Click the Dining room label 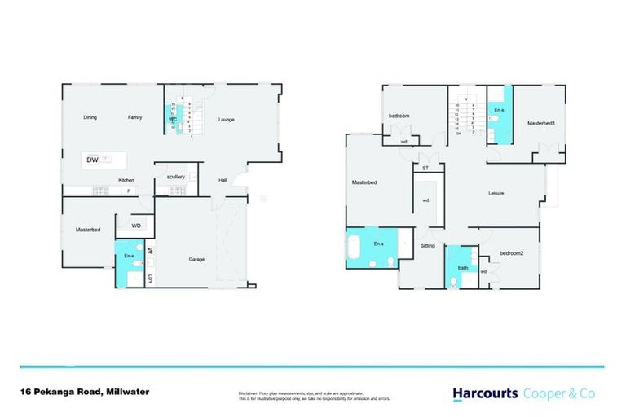[90, 117]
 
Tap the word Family [135, 117]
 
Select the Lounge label [227, 120]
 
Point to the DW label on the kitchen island [92, 160]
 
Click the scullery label [176, 176]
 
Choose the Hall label [222, 181]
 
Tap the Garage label [196, 259]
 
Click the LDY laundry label [150, 280]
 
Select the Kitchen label [126, 180]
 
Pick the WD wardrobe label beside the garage [136, 226]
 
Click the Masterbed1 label [540, 123]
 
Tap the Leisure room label [496, 193]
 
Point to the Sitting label [428, 245]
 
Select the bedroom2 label [511, 253]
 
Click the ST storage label [425, 169]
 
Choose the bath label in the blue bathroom [462, 268]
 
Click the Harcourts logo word [484, 393]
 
